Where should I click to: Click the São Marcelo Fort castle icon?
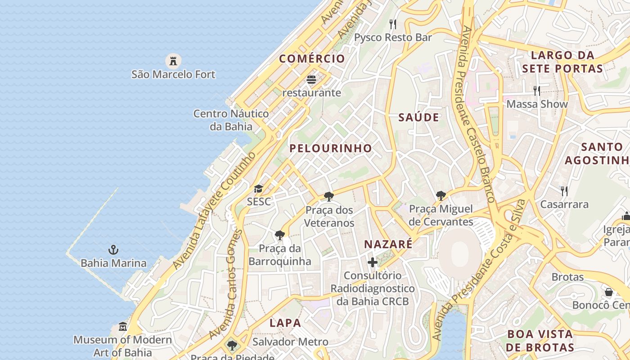click(173, 60)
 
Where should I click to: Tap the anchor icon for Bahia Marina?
click(113, 250)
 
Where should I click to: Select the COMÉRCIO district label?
click(312, 58)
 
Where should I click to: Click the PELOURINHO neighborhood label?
click(331, 148)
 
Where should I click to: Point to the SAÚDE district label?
click(418, 117)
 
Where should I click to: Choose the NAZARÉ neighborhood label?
click(388, 244)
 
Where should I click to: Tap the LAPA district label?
click(285, 323)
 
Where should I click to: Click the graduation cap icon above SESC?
click(258, 189)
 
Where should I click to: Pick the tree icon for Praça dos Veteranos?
click(329, 197)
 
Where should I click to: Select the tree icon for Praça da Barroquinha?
click(279, 235)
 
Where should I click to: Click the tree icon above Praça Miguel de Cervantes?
click(441, 196)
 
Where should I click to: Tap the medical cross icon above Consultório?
click(373, 262)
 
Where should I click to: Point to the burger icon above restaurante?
click(311, 80)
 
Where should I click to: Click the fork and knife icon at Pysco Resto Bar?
click(393, 24)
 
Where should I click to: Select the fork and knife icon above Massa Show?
click(536, 91)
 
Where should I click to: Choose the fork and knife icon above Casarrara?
click(564, 191)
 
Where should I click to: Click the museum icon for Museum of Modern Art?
click(122, 326)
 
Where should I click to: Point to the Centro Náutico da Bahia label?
click(231, 120)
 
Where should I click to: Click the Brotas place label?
click(567, 277)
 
